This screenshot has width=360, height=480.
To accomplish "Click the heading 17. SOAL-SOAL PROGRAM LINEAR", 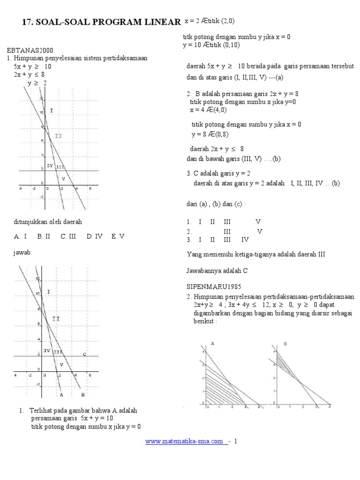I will (x=101, y=22).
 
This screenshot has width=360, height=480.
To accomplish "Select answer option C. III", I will (x=68, y=237).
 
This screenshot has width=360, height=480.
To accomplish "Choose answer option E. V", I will (x=118, y=237).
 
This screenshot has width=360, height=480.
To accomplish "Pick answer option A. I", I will (x=20, y=237).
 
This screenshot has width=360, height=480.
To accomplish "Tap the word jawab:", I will (x=23, y=253).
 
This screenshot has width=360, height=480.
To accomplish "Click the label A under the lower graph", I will (x=61, y=395).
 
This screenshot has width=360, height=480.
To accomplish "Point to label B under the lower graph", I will (x=82, y=395).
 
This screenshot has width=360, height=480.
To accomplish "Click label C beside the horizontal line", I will (x=84, y=354).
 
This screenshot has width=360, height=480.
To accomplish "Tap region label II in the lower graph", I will (x=55, y=319).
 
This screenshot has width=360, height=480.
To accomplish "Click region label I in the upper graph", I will (x=52, y=111).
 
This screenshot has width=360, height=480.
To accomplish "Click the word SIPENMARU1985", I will (x=210, y=286).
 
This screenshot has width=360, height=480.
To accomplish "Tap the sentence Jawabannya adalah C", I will (x=217, y=270).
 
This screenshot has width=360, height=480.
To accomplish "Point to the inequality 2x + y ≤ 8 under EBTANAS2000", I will (x=29, y=74).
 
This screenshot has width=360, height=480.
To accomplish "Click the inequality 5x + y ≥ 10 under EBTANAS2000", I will (x=32, y=67).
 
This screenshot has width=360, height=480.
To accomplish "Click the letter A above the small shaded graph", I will (x=213, y=344).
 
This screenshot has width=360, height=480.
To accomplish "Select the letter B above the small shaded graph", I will (x=285, y=344).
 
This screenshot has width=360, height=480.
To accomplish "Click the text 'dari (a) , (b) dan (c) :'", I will (x=216, y=204).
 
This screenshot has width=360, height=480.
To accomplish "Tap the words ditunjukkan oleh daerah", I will (x=45, y=222).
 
